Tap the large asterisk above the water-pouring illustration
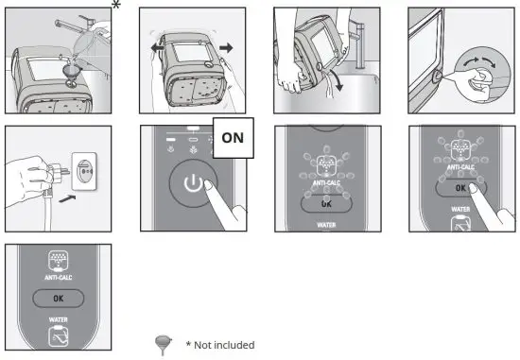point(116,8)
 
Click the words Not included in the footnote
point(225,345)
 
